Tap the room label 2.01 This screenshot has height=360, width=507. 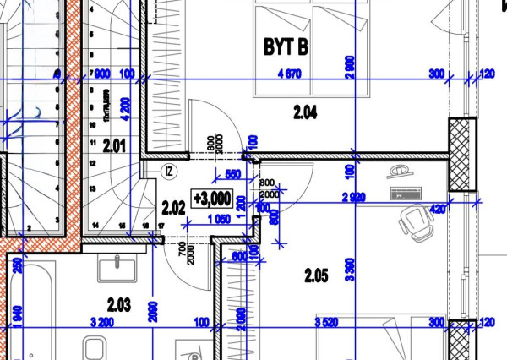114,146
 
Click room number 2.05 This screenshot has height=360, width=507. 316,274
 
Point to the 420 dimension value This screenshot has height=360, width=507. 438,207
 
